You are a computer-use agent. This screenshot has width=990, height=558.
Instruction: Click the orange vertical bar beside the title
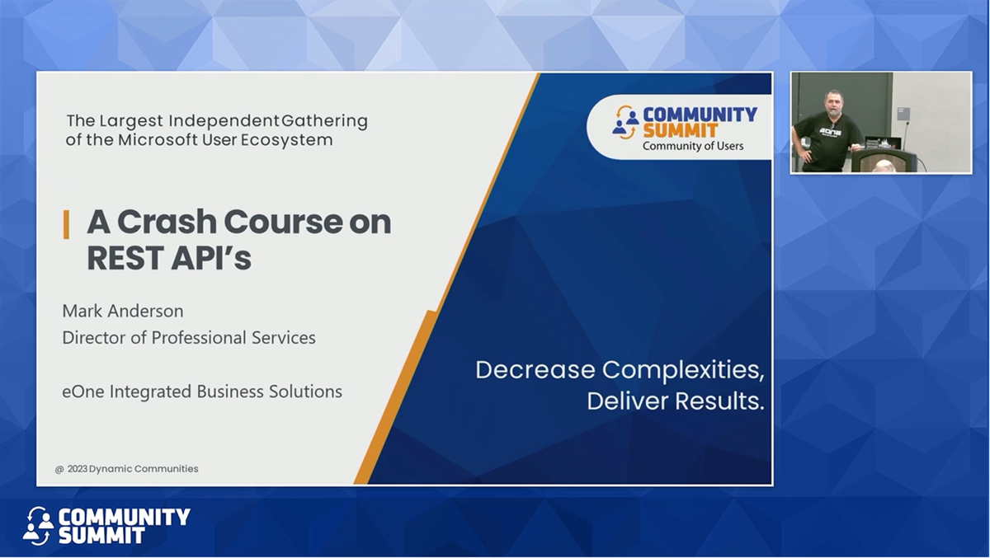(66, 223)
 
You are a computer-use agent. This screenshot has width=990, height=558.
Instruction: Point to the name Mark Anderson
(123, 311)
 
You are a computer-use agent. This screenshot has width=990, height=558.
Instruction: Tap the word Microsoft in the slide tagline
(158, 139)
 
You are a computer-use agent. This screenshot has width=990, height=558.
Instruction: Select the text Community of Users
(693, 146)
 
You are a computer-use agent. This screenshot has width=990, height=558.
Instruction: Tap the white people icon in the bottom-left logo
(38, 525)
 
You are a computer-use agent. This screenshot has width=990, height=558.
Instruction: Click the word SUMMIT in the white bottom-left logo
(101, 536)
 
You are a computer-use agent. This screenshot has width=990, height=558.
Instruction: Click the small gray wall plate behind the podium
(903, 113)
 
